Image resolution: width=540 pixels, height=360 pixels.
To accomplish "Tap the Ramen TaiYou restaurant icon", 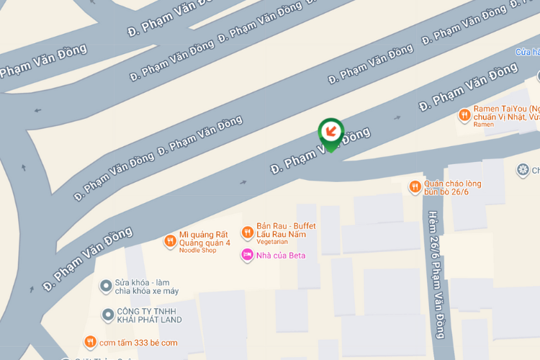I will [464, 114].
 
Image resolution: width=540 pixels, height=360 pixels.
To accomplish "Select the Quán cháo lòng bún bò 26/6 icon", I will [415, 187].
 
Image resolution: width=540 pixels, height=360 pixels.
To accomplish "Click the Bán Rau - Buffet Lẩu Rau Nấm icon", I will [247, 231].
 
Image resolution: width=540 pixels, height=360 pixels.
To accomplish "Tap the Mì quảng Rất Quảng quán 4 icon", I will [170, 241].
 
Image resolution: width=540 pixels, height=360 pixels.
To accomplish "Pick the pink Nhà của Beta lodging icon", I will [247, 254].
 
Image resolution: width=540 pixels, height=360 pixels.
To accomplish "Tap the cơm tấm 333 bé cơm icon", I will [90, 342].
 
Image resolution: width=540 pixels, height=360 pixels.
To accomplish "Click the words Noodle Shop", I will [198, 251].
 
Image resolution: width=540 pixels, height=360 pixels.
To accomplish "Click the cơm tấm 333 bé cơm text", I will [138, 342].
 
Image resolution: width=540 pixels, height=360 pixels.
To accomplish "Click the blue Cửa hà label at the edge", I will [527, 52].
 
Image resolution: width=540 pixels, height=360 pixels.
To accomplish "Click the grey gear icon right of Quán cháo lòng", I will [523, 170].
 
